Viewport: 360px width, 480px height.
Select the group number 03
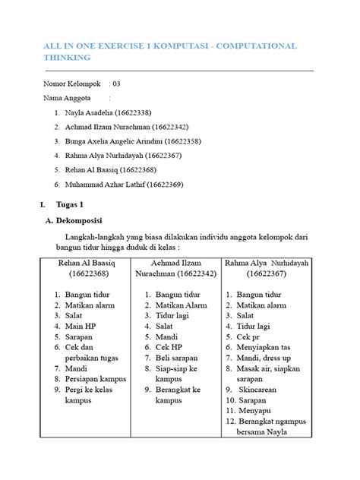(116, 84)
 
